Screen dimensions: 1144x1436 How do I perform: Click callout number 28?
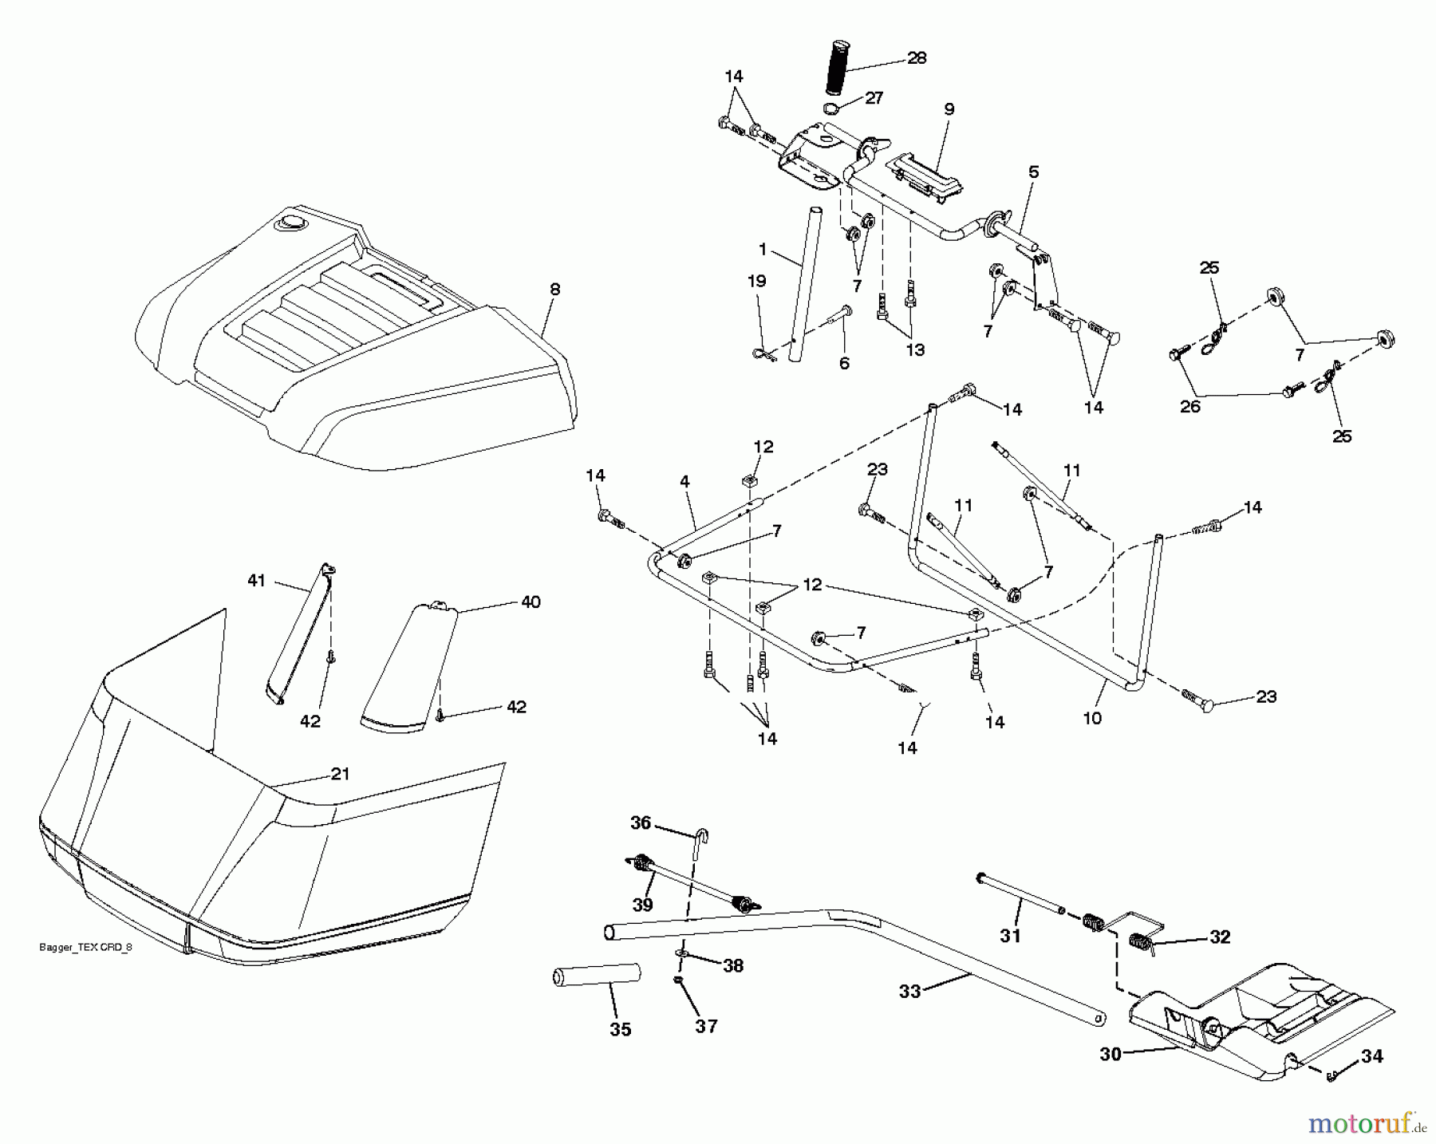tap(916, 58)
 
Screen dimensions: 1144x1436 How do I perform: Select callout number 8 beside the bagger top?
tap(554, 290)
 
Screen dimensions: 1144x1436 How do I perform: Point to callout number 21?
tap(341, 774)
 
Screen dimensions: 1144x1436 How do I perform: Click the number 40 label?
tap(531, 602)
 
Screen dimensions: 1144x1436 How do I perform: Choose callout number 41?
tap(256, 581)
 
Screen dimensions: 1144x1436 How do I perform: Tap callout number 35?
tap(620, 1030)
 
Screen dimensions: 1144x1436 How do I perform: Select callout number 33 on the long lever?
tap(909, 992)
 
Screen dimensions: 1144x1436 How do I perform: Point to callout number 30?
tap(1111, 1055)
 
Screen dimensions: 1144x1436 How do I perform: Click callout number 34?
tap(1371, 1056)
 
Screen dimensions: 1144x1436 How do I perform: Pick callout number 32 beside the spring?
tap(1220, 937)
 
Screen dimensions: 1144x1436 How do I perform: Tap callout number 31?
tap(1010, 936)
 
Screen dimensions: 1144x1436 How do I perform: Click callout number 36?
tap(641, 822)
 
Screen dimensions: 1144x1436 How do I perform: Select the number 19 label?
tap(756, 282)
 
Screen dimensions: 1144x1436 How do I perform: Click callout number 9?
tap(949, 109)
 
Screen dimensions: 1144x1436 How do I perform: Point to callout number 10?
tap(1092, 718)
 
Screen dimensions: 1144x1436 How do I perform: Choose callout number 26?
tap(1189, 407)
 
